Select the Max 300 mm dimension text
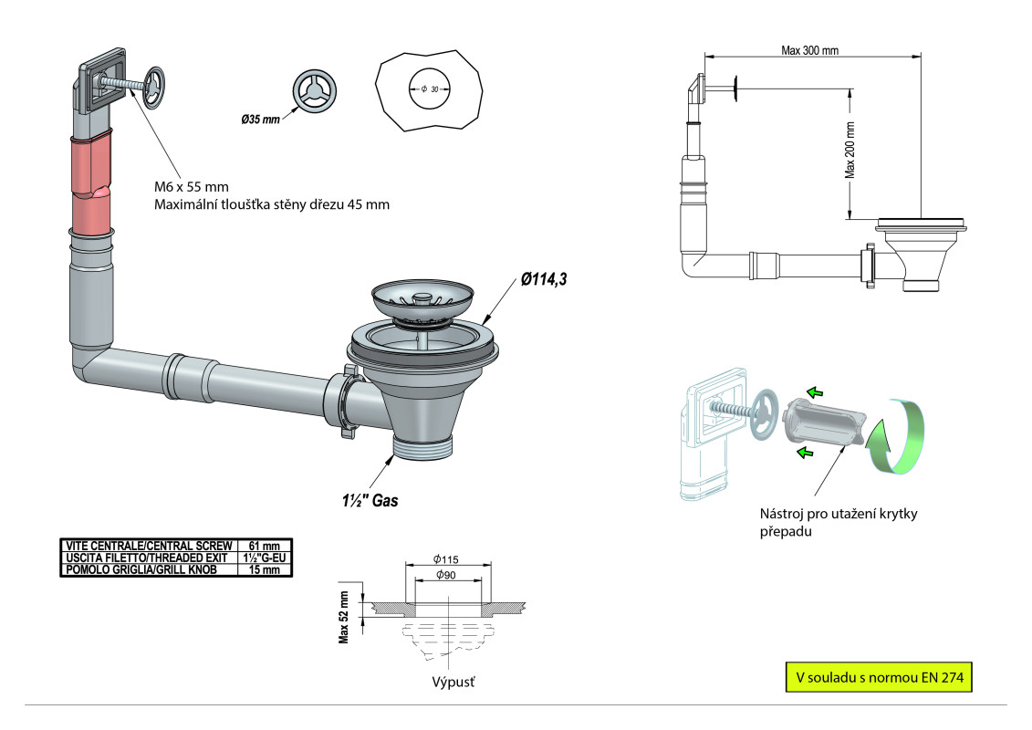click(x=809, y=49)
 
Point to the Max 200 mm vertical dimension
click(x=850, y=150)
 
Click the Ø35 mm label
click(x=261, y=120)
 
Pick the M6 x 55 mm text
click(x=192, y=187)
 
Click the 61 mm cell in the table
click(x=264, y=545)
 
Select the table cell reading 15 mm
click(x=264, y=569)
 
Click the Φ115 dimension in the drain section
click(x=445, y=558)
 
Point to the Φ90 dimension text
click(x=446, y=575)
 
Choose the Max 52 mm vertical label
click(x=345, y=617)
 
